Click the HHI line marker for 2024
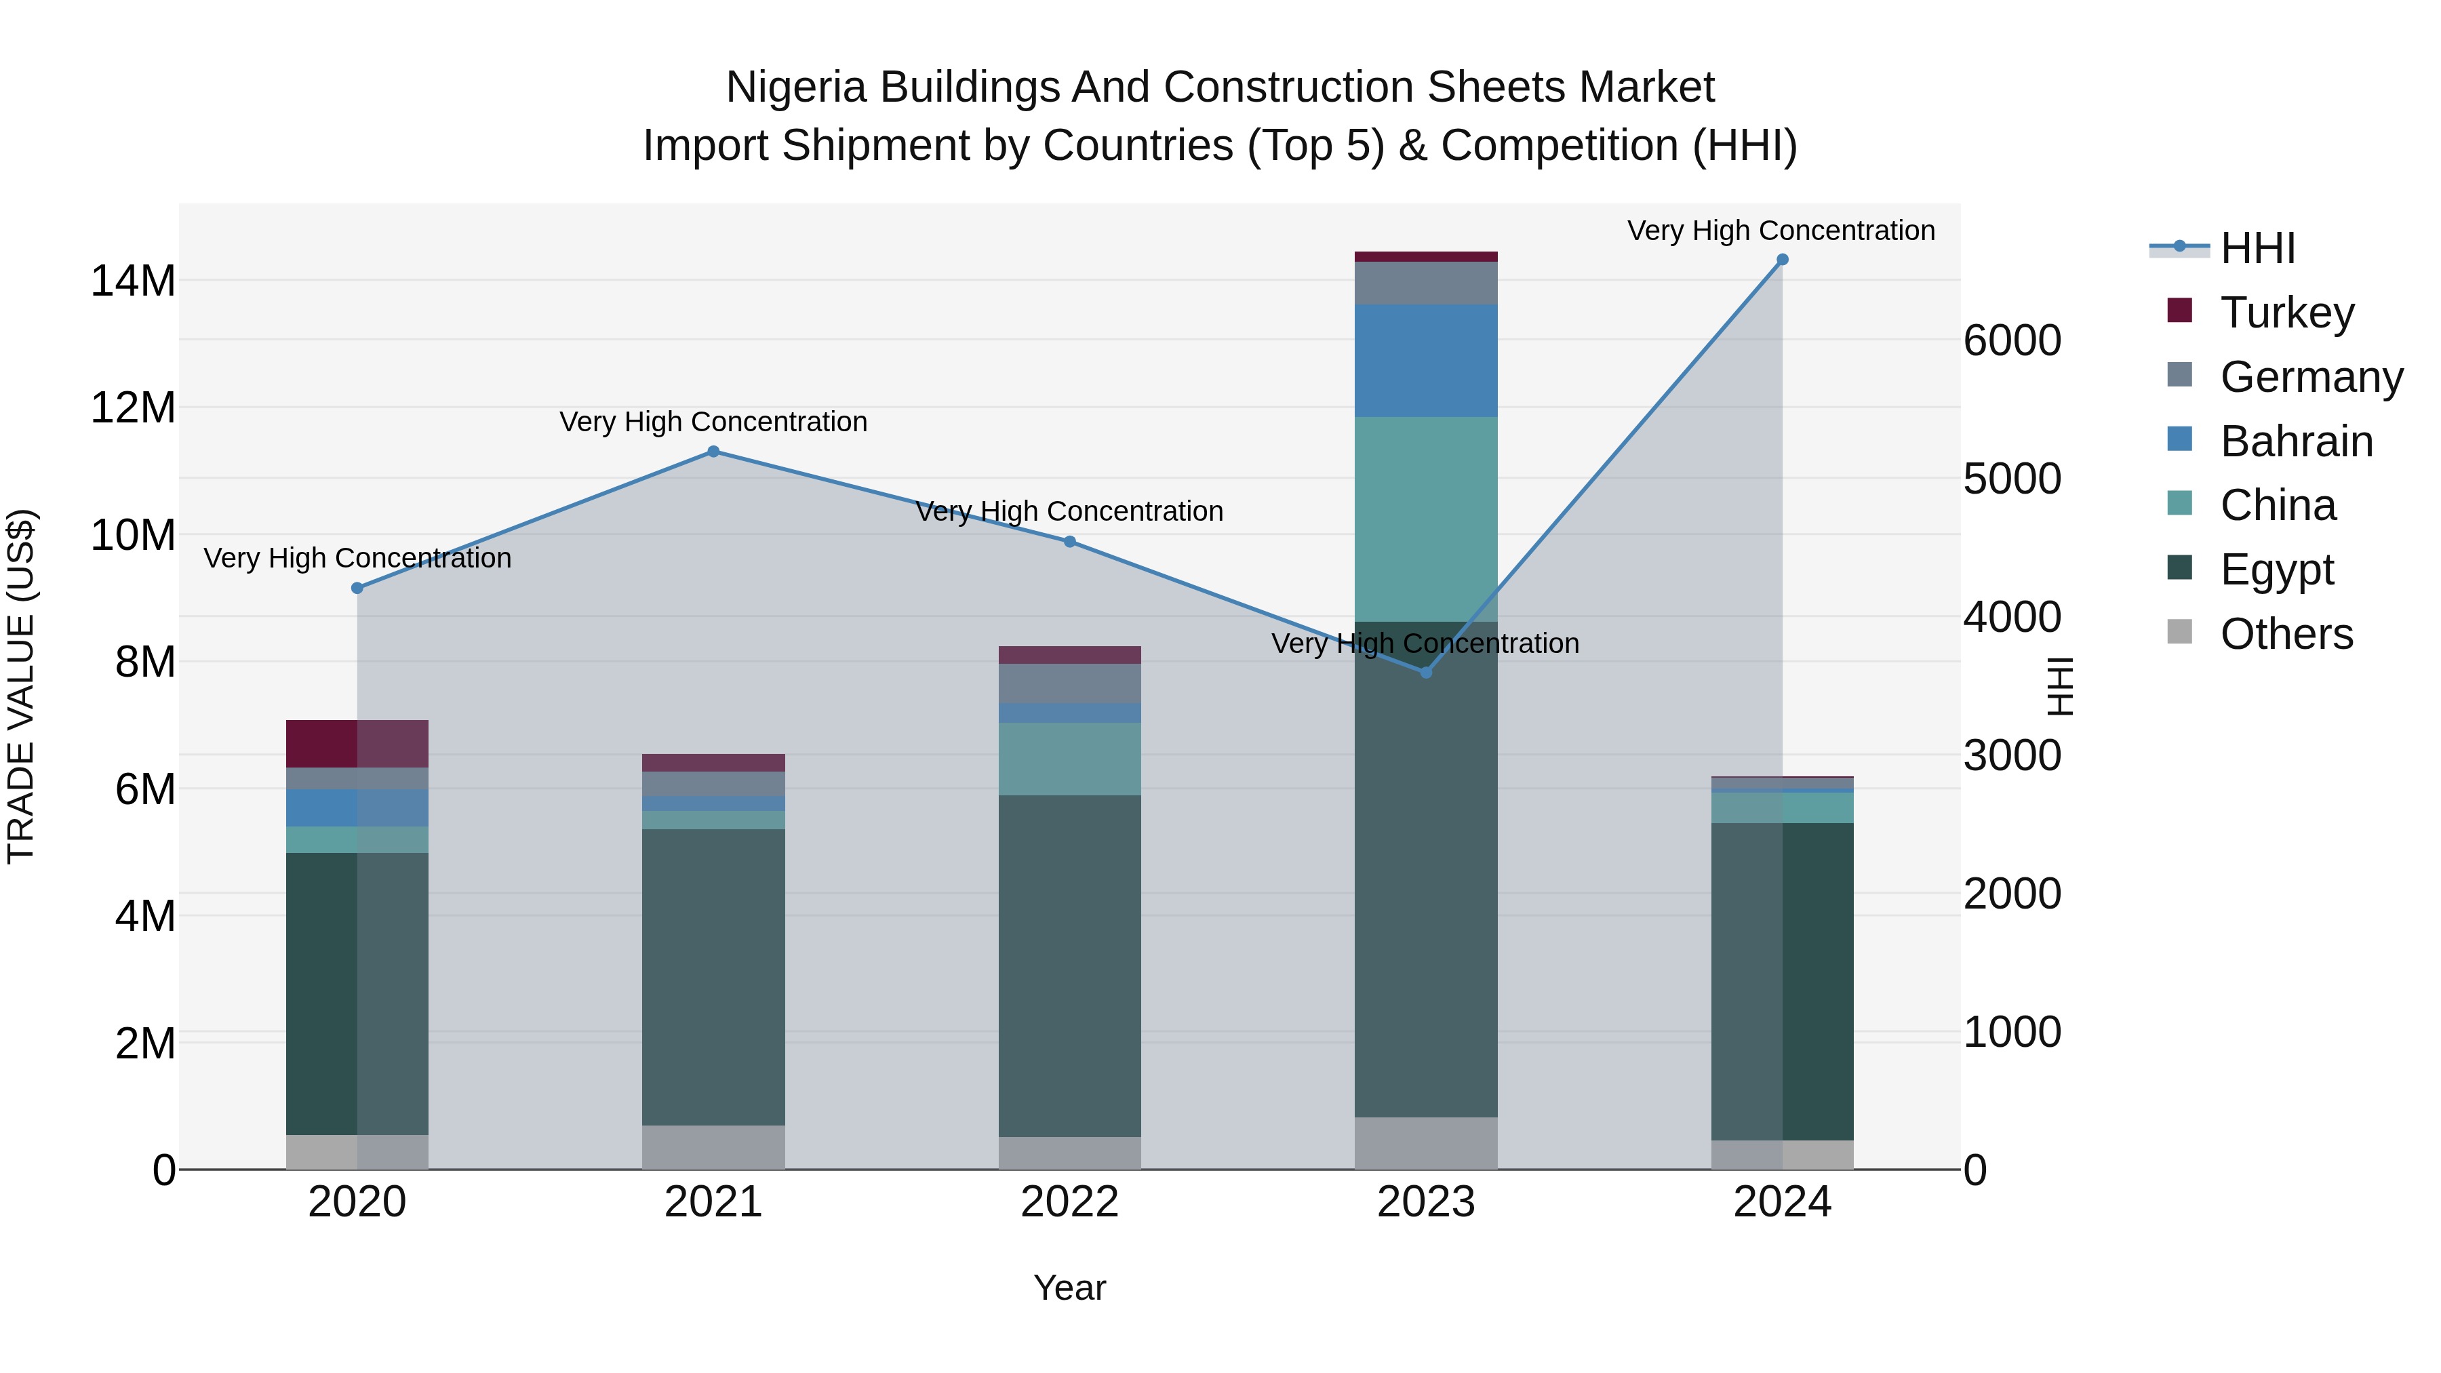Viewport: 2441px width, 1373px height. (x=1781, y=260)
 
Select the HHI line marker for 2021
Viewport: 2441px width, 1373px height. (x=713, y=452)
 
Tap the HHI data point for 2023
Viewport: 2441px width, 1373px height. (x=1425, y=672)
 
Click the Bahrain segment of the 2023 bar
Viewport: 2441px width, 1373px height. (x=1425, y=360)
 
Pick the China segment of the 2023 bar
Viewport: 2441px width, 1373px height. (x=1425, y=519)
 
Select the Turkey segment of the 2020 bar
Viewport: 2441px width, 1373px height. (x=357, y=743)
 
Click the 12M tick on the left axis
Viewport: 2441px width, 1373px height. (x=133, y=408)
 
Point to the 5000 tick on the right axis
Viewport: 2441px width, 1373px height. (x=2012, y=479)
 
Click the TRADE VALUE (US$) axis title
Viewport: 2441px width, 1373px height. (x=21, y=686)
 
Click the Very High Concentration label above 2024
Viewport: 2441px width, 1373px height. (x=1781, y=231)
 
